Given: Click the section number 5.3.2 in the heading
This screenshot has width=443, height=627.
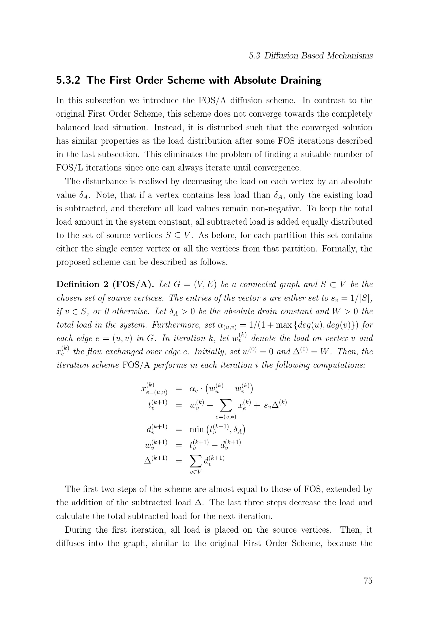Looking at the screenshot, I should click(x=68, y=80).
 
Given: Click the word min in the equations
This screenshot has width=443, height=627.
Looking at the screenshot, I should click(x=196, y=429).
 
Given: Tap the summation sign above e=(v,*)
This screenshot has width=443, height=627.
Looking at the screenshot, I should click(x=225, y=406).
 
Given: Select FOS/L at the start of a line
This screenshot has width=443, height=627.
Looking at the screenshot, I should click(x=70, y=168).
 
